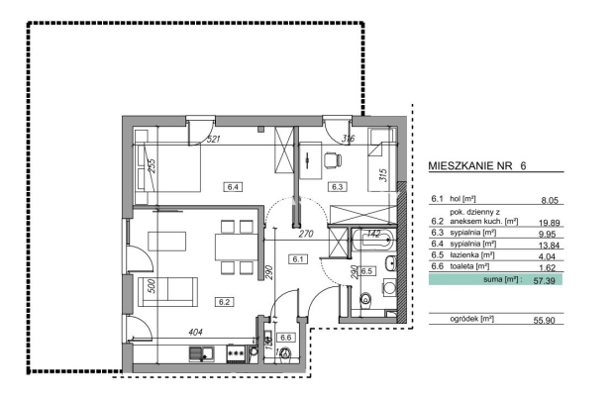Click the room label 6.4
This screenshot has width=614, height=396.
pos(233,187)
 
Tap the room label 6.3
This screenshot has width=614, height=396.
pos(337,187)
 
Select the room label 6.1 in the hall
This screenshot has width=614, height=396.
pos(298,259)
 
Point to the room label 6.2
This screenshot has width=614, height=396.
pos(225,302)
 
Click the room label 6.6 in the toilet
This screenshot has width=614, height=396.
pos(286,338)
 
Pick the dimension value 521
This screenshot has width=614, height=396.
pos(213,139)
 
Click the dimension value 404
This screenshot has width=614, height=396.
pos(195,333)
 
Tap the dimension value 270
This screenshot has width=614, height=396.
pos(306,234)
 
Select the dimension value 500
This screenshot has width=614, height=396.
pos(153,286)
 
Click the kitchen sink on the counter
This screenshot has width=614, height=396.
pos(201,354)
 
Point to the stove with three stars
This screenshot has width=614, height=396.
pos(236,353)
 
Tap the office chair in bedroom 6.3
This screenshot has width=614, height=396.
pos(333,160)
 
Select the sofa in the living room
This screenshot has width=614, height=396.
pos(167,291)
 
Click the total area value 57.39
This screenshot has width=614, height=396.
pos(545,280)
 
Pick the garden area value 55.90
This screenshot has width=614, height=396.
pos(545,320)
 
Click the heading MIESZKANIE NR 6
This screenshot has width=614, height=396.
pos(477,165)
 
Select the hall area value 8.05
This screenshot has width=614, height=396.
pos(550,200)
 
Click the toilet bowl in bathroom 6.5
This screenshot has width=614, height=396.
pos(365,299)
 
